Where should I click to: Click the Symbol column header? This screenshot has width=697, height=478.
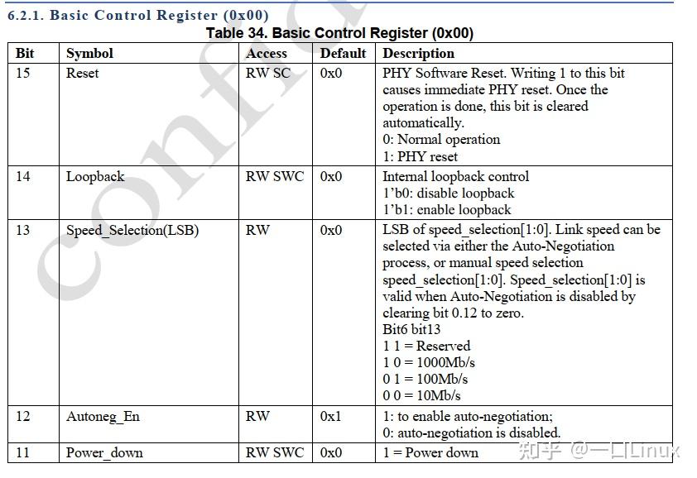click(89, 53)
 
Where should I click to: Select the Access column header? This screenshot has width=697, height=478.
click(267, 53)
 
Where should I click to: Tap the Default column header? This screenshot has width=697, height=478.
click(343, 53)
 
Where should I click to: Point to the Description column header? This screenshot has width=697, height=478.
click(418, 53)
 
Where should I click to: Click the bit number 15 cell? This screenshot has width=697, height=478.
click(22, 73)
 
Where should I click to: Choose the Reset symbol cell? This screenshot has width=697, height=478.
click(82, 73)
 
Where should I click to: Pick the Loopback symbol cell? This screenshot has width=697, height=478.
click(95, 176)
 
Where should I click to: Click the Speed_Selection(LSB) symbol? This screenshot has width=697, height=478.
click(132, 230)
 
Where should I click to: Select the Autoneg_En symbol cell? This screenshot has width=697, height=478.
click(103, 416)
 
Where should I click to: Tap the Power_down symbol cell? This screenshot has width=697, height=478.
click(104, 452)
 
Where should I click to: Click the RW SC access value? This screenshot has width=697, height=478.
click(268, 73)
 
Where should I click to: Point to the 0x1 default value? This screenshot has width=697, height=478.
click(331, 416)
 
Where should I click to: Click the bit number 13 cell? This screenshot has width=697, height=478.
click(22, 230)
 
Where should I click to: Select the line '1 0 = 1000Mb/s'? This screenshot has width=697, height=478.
click(429, 362)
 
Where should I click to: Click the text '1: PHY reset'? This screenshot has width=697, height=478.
click(420, 156)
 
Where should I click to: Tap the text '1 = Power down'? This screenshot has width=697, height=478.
click(430, 452)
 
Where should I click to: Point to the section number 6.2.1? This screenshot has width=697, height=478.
click(26, 15)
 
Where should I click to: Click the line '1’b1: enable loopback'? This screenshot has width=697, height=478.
click(447, 210)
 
